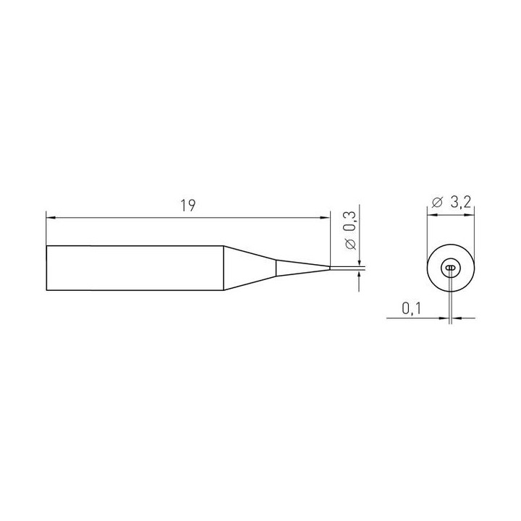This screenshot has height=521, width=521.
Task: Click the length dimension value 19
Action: pos(187,206)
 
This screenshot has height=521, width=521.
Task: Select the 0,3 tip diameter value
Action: pos(350,222)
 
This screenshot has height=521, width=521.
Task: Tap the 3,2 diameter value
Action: pos(461,202)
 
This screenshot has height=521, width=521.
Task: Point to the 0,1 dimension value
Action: pos(411,309)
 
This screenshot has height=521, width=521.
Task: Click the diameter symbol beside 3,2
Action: pos(437,203)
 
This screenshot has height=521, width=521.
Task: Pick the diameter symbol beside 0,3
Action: pos(350,244)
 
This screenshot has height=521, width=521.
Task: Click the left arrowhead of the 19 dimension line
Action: pos(51,218)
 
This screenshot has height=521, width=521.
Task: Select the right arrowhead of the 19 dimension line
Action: pos(325,218)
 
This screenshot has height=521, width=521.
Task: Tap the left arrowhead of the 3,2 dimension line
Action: pos(432,215)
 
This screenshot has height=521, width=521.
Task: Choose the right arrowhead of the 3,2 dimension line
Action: pos(470,215)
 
